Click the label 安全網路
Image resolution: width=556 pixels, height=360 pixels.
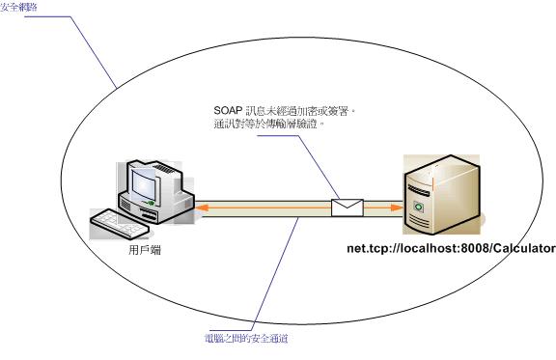(x=20, y=7)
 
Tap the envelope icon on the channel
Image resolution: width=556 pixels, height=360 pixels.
(x=347, y=207)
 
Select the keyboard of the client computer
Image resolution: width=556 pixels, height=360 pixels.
(x=119, y=224)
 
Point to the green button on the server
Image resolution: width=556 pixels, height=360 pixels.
(x=419, y=208)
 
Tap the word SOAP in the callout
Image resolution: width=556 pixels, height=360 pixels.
(x=229, y=112)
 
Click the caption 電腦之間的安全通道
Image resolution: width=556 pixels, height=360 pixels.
(x=247, y=339)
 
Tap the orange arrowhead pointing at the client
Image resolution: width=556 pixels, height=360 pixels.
(x=199, y=207)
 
